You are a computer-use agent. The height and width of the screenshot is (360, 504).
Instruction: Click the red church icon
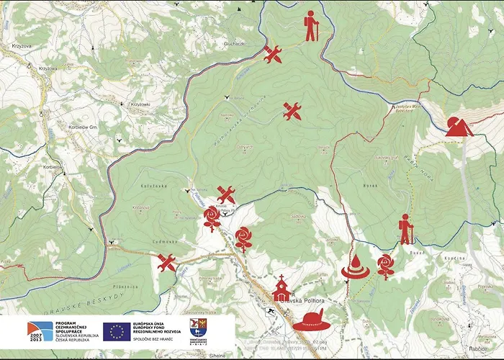[281, 289]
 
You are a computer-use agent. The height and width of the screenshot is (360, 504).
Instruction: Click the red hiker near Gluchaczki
[310, 26]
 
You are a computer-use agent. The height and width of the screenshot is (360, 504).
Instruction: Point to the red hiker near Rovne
[405, 229]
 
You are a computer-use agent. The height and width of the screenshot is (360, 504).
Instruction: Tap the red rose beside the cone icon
[386, 266]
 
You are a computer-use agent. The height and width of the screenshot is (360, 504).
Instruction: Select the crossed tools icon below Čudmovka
[167, 263]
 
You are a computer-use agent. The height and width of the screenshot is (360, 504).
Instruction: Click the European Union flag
[116, 330]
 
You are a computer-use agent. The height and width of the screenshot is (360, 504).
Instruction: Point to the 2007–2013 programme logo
[40, 331]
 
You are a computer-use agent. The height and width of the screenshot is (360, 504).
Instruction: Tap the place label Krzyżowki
[140, 105]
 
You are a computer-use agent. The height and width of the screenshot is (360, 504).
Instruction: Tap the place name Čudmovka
[167, 242]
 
